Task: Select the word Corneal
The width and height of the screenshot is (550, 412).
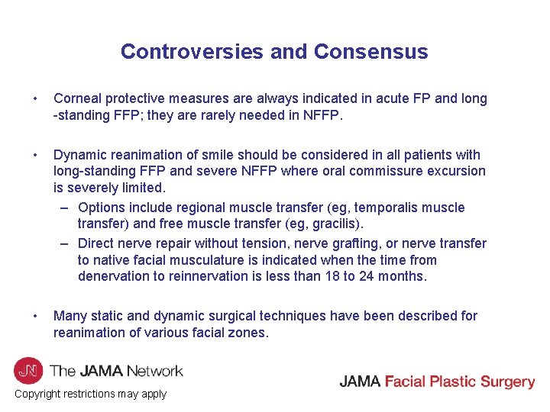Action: click(78, 99)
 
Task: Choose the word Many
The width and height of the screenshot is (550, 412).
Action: click(70, 316)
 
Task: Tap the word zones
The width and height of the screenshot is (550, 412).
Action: click(248, 333)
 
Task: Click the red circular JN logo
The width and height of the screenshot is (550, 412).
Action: click(28, 370)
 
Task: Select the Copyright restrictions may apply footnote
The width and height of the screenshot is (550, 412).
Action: click(90, 394)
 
